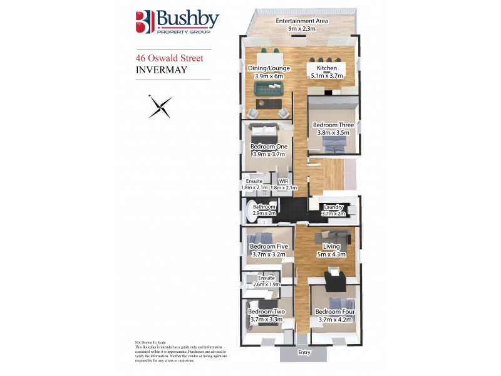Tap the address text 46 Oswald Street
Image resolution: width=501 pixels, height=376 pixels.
click(168, 58)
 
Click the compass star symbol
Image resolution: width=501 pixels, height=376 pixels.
click(160, 106)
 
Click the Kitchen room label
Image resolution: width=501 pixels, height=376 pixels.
click(327, 68)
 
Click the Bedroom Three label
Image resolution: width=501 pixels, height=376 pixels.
click(333, 125)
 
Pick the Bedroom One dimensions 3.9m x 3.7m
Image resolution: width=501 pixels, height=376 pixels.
click(268, 154)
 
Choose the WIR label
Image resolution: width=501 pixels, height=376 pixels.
click(283, 180)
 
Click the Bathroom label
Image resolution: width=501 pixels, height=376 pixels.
click(264, 206)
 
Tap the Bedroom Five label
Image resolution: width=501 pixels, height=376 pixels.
click(267, 246)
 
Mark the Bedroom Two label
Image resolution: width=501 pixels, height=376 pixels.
click(266, 311)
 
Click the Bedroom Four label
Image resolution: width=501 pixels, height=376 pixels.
click(333, 311)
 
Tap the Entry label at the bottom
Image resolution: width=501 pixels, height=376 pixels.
click(304, 353)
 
